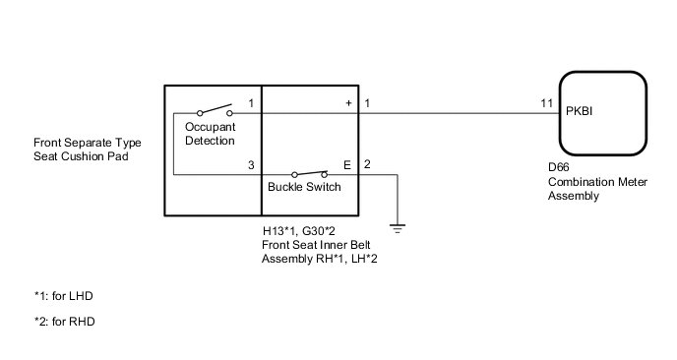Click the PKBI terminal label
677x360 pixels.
tap(580, 112)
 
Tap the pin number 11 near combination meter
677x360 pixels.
tap(546, 103)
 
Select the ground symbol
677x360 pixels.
tap(398, 229)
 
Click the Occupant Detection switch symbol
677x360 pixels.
tap(215, 111)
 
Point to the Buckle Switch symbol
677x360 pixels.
tap(309, 174)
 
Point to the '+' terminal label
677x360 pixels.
tap(347, 103)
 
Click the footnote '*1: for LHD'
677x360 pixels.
tap(63, 296)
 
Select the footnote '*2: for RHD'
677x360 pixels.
tap(64, 322)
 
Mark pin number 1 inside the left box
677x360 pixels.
tap(251, 103)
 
